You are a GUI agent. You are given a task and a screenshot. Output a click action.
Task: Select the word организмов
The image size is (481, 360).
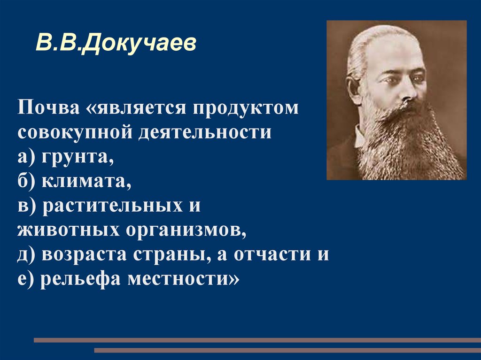click(x=186, y=230)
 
